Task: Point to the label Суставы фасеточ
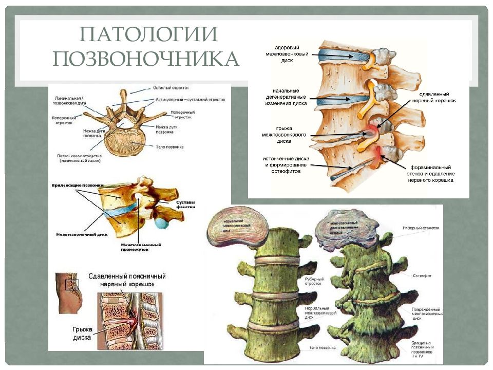coord(186,205)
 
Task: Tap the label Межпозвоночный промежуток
coord(141,247)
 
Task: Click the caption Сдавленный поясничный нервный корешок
coord(127,280)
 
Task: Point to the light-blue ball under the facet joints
coord(162,223)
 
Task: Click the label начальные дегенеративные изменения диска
coord(287,97)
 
